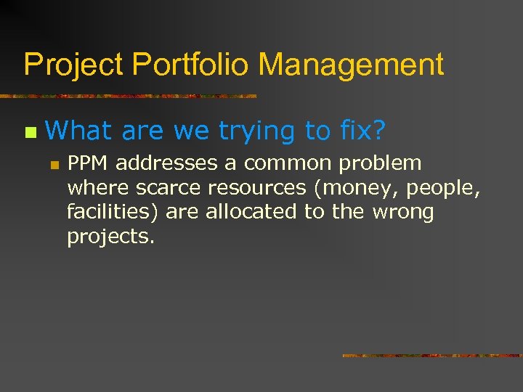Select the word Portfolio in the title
point(190,65)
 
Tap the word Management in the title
point(351,65)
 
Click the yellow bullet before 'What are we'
point(29,132)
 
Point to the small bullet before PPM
point(54,164)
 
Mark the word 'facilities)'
point(113,212)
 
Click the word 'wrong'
point(403,213)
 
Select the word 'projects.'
point(110,237)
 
